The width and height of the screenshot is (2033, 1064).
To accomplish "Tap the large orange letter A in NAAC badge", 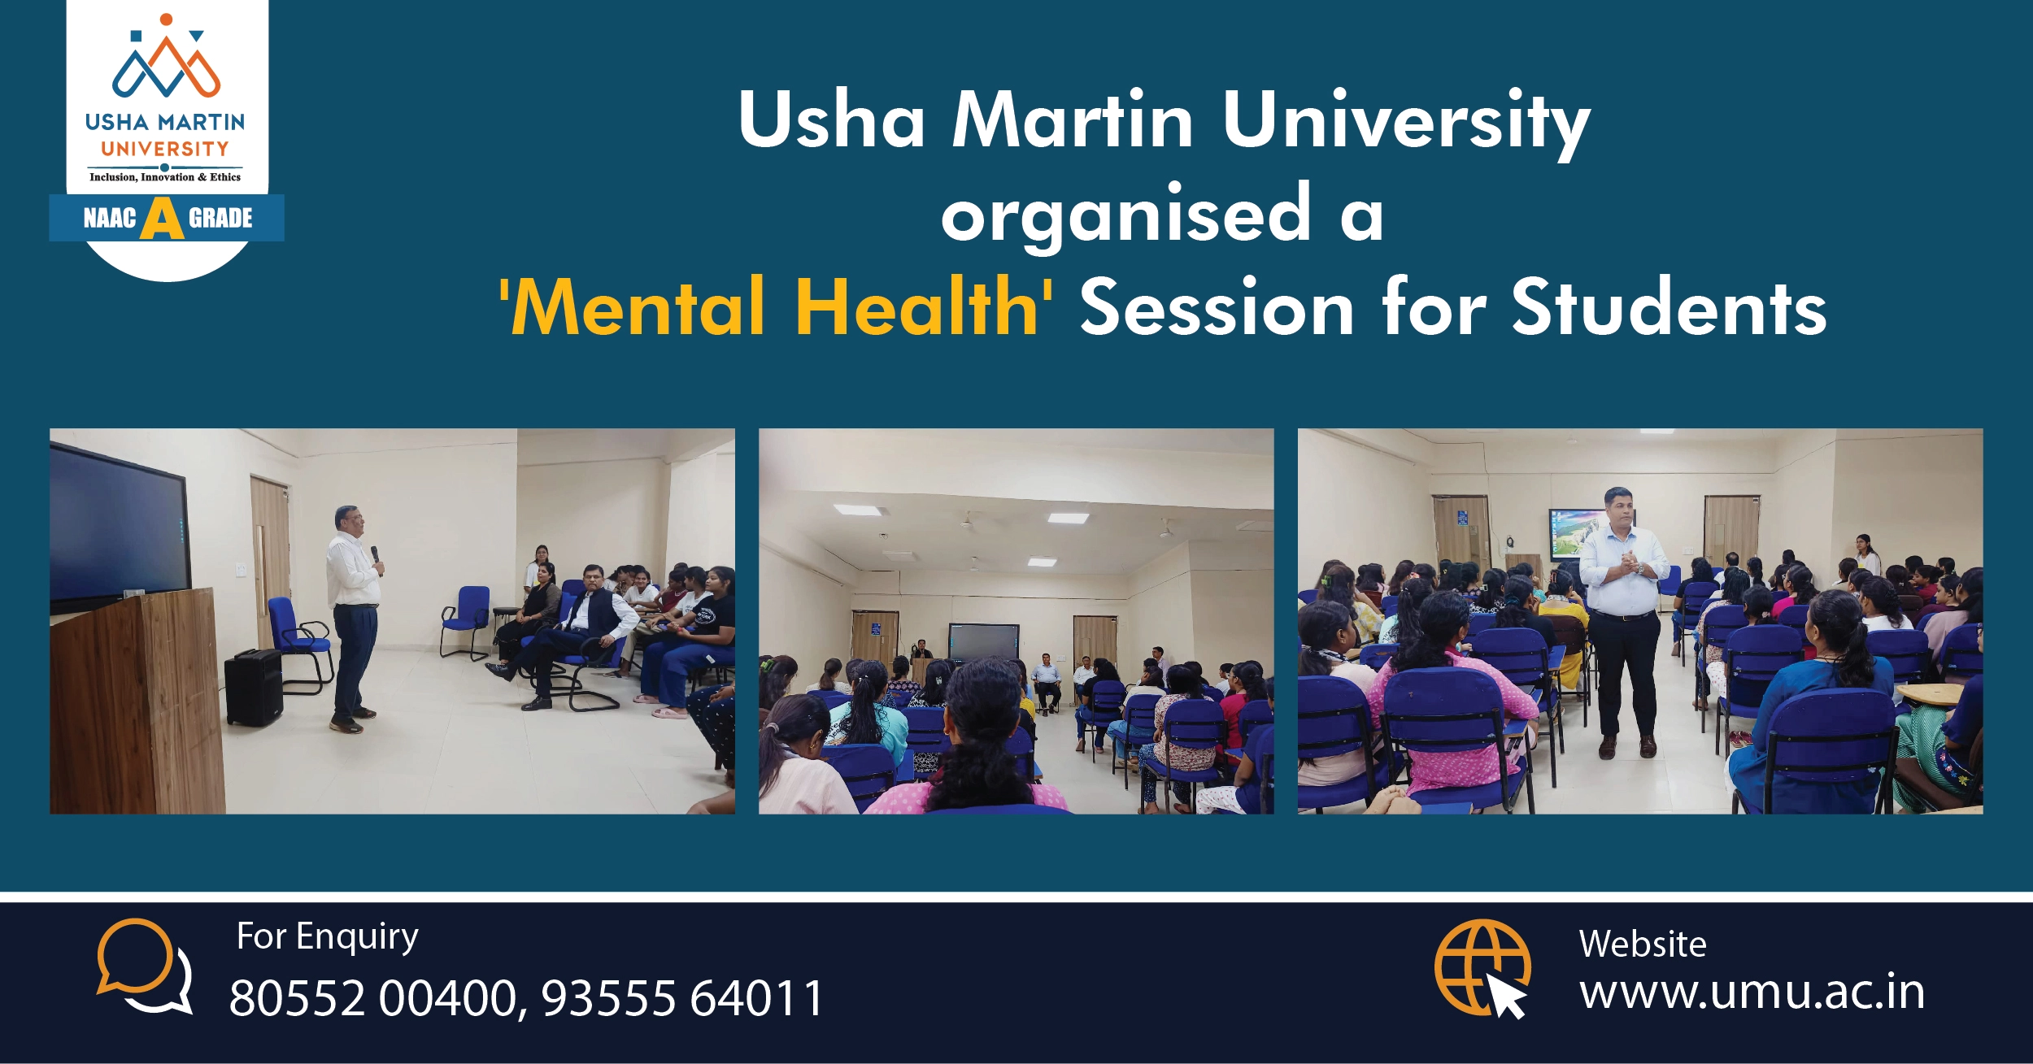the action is pos(162,219).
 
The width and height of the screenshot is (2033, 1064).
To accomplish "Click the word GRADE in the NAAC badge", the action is pos(220,218).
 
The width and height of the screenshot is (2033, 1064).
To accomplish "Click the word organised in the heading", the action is pos(1126,215).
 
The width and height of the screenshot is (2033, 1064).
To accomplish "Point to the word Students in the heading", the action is pos(1669,306).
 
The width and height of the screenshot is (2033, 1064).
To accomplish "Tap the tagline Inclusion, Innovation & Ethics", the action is pos(165,177).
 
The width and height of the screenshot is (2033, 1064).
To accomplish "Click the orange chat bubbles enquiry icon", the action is pos(145,966).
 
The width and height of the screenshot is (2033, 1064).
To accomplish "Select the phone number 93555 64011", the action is pos(683,998).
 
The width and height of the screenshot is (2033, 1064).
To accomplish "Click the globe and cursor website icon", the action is pos(1482,968).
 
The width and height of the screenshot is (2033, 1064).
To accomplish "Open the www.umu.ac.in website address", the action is pos(1752,992).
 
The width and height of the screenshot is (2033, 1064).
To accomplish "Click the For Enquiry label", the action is pos(328,937).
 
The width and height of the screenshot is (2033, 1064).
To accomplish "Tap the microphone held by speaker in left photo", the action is pos(376,557).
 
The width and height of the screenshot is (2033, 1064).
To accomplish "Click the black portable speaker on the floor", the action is pos(254,688).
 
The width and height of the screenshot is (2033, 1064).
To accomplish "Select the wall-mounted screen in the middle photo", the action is pos(983,642).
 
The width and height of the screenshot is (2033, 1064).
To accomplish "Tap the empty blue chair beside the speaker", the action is pos(302,642).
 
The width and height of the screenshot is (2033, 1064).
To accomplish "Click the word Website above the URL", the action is pos(1643,945).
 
